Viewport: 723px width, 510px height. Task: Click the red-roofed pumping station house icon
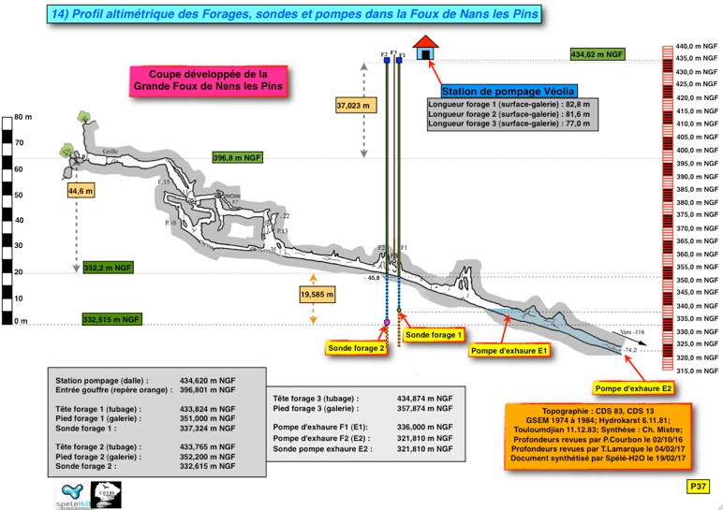pyautogui.click(x=425, y=47)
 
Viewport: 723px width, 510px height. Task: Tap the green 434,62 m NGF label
pyautogui.click(x=598, y=55)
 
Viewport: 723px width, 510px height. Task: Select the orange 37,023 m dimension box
pyautogui.click(x=353, y=107)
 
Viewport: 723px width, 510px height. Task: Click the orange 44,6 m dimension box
pyautogui.click(x=81, y=191)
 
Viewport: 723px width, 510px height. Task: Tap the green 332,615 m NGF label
pyautogui.click(x=111, y=319)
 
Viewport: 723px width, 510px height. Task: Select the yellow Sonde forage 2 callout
pyautogui.click(x=357, y=348)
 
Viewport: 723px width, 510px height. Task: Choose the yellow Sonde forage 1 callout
pyautogui.click(x=435, y=335)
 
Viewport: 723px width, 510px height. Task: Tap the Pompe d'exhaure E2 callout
pyautogui.click(x=634, y=387)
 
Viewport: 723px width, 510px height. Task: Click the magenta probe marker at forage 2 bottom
pyautogui.click(x=387, y=323)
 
